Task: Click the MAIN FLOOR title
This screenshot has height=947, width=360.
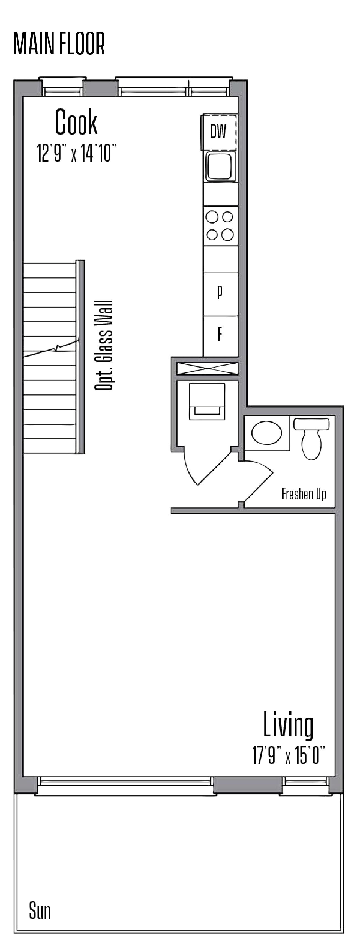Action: pyautogui.click(x=59, y=44)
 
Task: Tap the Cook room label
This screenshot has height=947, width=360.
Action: pyautogui.click(x=76, y=122)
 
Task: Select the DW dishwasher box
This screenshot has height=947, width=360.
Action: pyautogui.click(x=219, y=132)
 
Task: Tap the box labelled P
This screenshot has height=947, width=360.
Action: pyautogui.click(x=220, y=293)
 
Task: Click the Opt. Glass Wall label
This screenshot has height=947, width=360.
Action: pyautogui.click(x=103, y=346)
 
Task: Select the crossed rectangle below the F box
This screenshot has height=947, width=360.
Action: pyautogui.click(x=207, y=368)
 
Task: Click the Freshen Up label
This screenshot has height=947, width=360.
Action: pyautogui.click(x=304, y=494)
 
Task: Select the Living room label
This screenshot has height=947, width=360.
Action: pyautogui.click(x=288, y=725)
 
